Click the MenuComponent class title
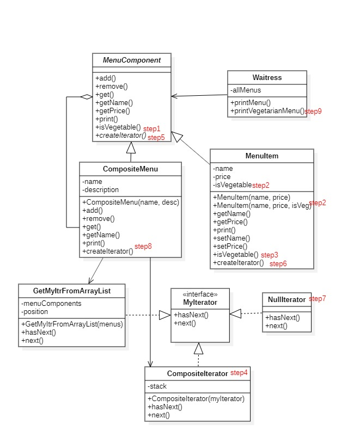point(131,60)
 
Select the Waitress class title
point(267,77)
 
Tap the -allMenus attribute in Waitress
point(246,90)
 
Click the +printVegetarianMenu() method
point(267,111)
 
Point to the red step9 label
point(313,112)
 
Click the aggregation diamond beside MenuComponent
point(87,97)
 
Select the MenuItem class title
point(262,156)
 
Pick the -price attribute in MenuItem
point(222,177)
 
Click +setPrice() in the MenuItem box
point(230,247)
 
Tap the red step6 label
point(278,264)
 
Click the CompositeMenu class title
point(130,169)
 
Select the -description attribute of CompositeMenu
point(100,190)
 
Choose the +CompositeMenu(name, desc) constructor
point(131,202)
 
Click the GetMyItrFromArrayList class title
point(72,291)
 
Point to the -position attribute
point(34,312)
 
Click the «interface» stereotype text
point(200,294)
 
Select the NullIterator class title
point(287,299)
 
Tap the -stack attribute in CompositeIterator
point(157,386)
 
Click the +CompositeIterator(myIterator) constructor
point(196,398)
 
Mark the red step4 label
point(239,373)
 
